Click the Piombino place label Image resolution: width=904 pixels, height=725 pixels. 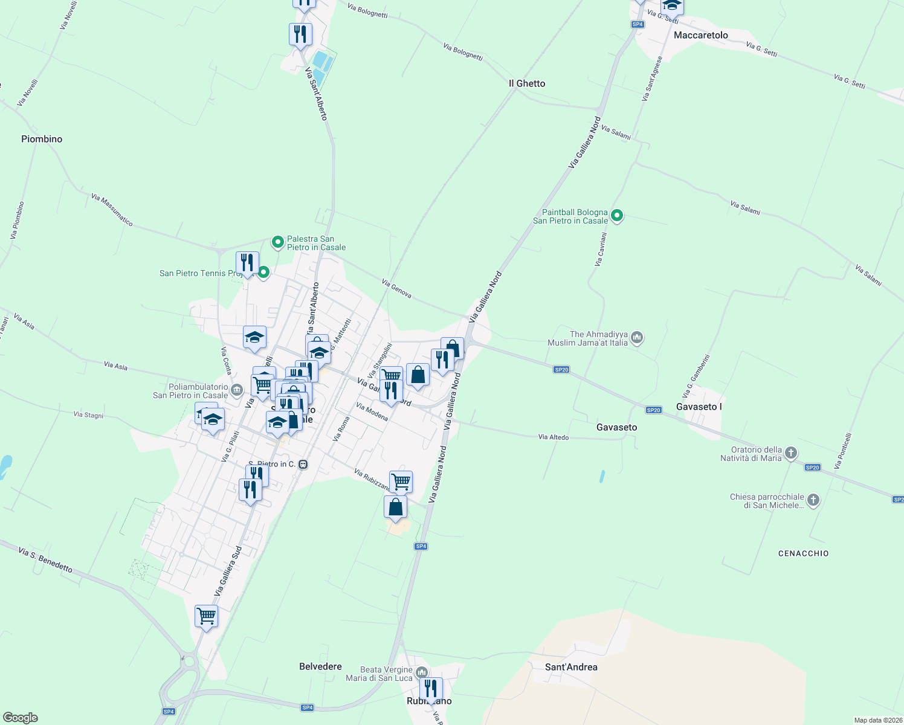(42, 139)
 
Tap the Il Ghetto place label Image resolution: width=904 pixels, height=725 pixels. (527, 83)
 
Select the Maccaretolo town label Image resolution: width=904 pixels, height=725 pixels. (701, 35)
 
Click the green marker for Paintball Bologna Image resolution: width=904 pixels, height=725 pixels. (617, 216)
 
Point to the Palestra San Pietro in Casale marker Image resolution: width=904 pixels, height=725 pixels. (278, 242)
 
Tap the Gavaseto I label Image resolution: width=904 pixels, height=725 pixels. (699, 407)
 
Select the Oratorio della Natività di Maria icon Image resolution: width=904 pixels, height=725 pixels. (791, 453)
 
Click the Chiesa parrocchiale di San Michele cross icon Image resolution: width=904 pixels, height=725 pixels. (813, 500)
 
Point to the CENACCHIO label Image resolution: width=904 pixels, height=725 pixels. (803, 553)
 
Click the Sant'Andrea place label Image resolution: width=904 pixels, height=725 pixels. (571, 667)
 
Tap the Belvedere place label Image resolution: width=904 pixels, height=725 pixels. (320, 666)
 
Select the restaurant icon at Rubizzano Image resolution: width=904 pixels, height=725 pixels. (431, 689)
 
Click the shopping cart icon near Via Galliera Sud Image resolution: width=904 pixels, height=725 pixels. (207, 616)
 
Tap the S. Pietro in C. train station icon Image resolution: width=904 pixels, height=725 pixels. (303, 464)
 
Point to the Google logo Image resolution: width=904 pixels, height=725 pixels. (21, 718)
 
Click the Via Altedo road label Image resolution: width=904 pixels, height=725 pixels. (554, 437)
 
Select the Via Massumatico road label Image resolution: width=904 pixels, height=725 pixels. (112, 210)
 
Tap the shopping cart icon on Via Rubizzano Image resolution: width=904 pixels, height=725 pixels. (401, 482)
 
